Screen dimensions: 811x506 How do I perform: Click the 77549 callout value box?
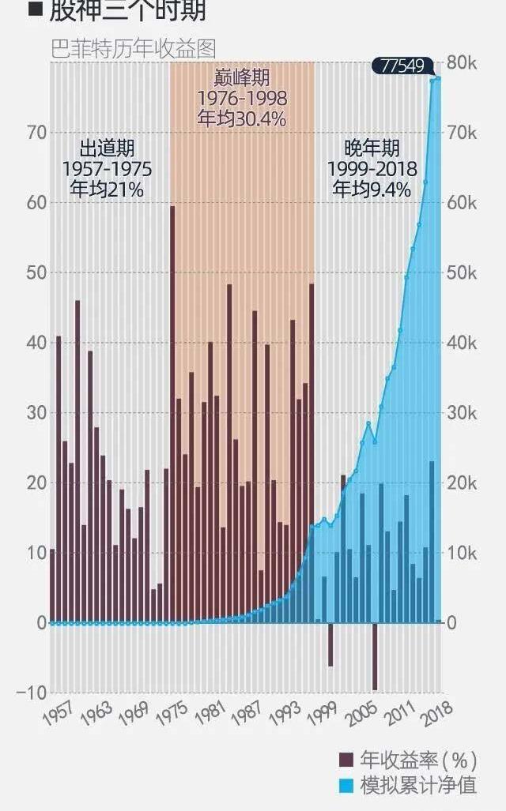tap(402, 66)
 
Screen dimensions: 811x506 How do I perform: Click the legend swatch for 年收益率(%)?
tap(346, 760)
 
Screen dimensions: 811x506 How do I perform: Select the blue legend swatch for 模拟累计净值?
tap(346, 785)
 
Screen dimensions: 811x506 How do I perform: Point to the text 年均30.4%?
tap(241, 118)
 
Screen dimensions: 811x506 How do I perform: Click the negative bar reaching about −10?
tap(375, 655)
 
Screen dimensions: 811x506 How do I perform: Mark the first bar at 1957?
tap(53, 585)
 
